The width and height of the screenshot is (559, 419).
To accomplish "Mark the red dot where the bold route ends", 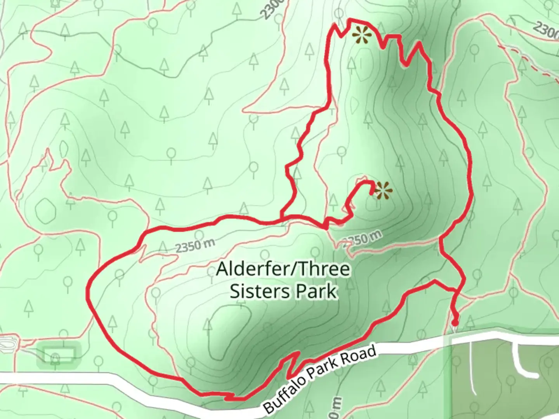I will (455, 322).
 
